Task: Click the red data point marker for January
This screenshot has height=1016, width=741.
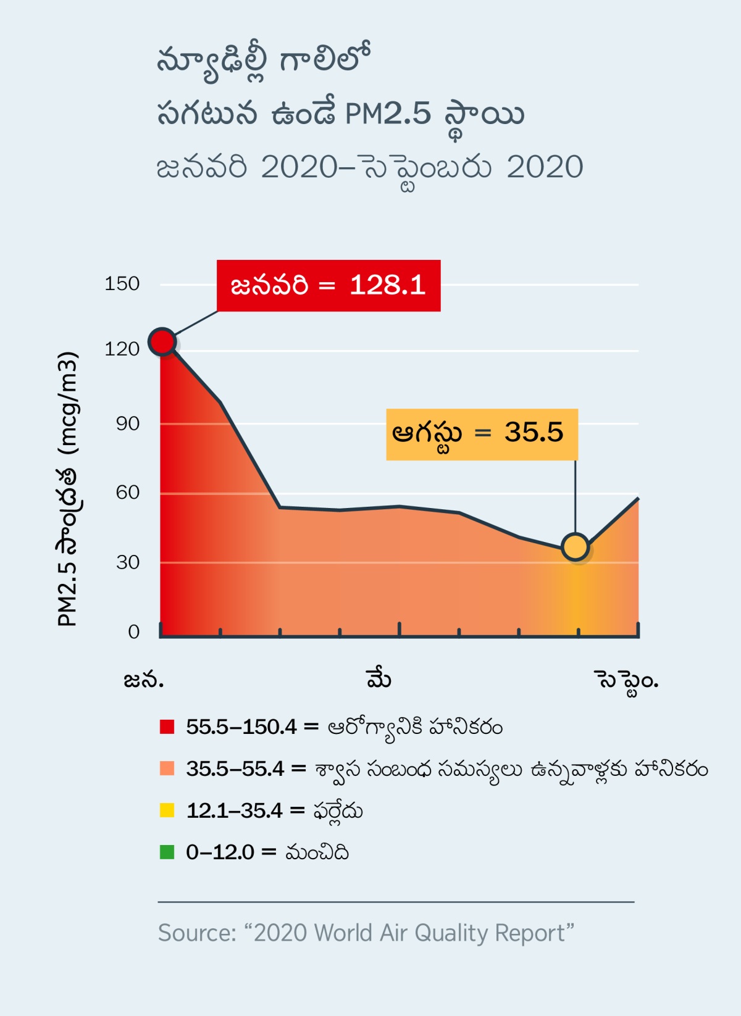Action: (162, 341)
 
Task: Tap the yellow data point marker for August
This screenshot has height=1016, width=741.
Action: (576, 547)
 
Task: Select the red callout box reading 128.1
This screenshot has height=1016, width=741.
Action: (329, 285)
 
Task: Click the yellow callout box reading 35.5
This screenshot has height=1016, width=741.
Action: (482, 434)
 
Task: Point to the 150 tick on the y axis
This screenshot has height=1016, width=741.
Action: (122, 284)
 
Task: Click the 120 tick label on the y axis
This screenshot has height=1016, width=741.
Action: (122, 349)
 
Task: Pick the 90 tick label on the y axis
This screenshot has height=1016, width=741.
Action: (127, 423)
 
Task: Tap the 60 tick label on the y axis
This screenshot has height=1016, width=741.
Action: (127, 493)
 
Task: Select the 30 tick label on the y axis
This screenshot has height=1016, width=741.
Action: (127, 562)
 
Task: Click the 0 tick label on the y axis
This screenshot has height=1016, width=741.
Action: (133, 631)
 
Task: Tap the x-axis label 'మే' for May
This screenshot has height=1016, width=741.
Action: (379, 678)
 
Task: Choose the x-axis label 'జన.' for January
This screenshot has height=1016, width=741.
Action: (143, 680)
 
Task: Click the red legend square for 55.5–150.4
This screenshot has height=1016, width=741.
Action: (167, 727)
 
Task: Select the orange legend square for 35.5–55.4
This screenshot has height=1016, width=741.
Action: (167, 768)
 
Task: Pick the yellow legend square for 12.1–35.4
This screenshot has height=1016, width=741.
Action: (167, 810)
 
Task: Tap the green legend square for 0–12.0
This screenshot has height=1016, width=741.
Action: (167, 852)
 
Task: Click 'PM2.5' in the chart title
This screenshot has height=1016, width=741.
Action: (388, 114)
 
